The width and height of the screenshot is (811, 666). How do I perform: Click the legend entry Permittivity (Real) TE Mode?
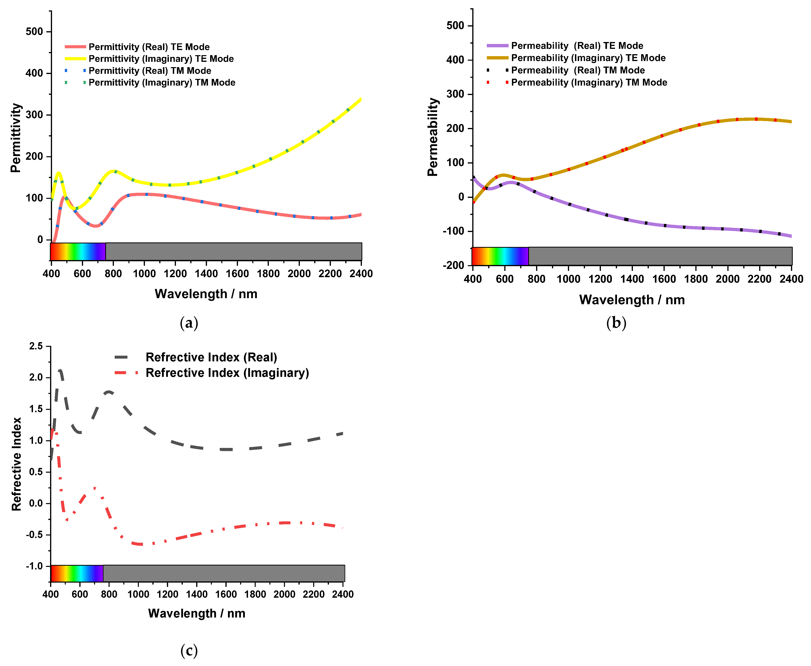(x=149, y=47)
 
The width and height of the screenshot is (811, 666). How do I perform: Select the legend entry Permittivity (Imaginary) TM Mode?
(x=162, y=82)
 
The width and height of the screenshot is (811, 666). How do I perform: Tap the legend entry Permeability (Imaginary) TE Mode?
(x=588, y=58)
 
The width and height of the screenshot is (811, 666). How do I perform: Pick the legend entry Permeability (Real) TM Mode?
(x=578, y=70)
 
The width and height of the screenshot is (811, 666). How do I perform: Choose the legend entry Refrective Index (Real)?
(x=211, y=357)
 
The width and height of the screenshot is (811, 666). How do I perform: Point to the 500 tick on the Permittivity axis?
(x=34, y=31)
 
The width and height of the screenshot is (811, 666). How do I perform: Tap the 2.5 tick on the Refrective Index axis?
(x=36, y=346)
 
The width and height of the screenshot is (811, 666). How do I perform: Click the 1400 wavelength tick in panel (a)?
(x=206, y=274)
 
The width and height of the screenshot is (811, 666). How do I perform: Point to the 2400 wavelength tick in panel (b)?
(x=791, y=279)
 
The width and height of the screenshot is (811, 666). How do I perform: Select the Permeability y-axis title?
(x=433, y=137)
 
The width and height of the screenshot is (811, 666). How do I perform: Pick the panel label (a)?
(x=189, y=323)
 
